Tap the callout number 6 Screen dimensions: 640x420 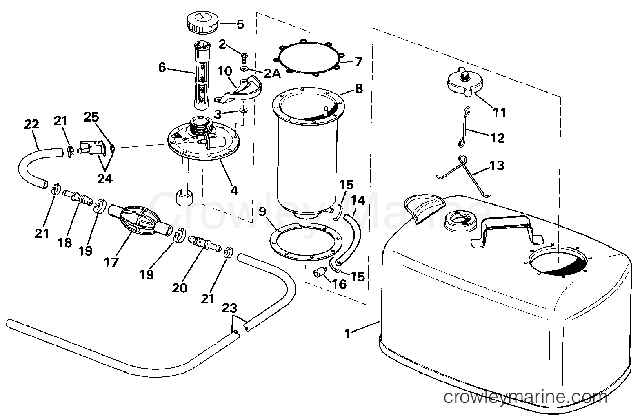pos(162,68)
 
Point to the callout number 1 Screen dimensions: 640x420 pos(348,334)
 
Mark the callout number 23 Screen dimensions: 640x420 pos(230,308)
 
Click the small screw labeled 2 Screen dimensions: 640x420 pos(244,57)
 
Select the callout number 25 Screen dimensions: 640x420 pos(91,117)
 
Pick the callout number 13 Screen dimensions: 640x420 pos(497,165)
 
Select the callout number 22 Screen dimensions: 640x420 pos(31,124)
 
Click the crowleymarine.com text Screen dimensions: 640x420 pos(525,397)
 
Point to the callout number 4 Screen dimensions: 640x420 pos(234,190)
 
